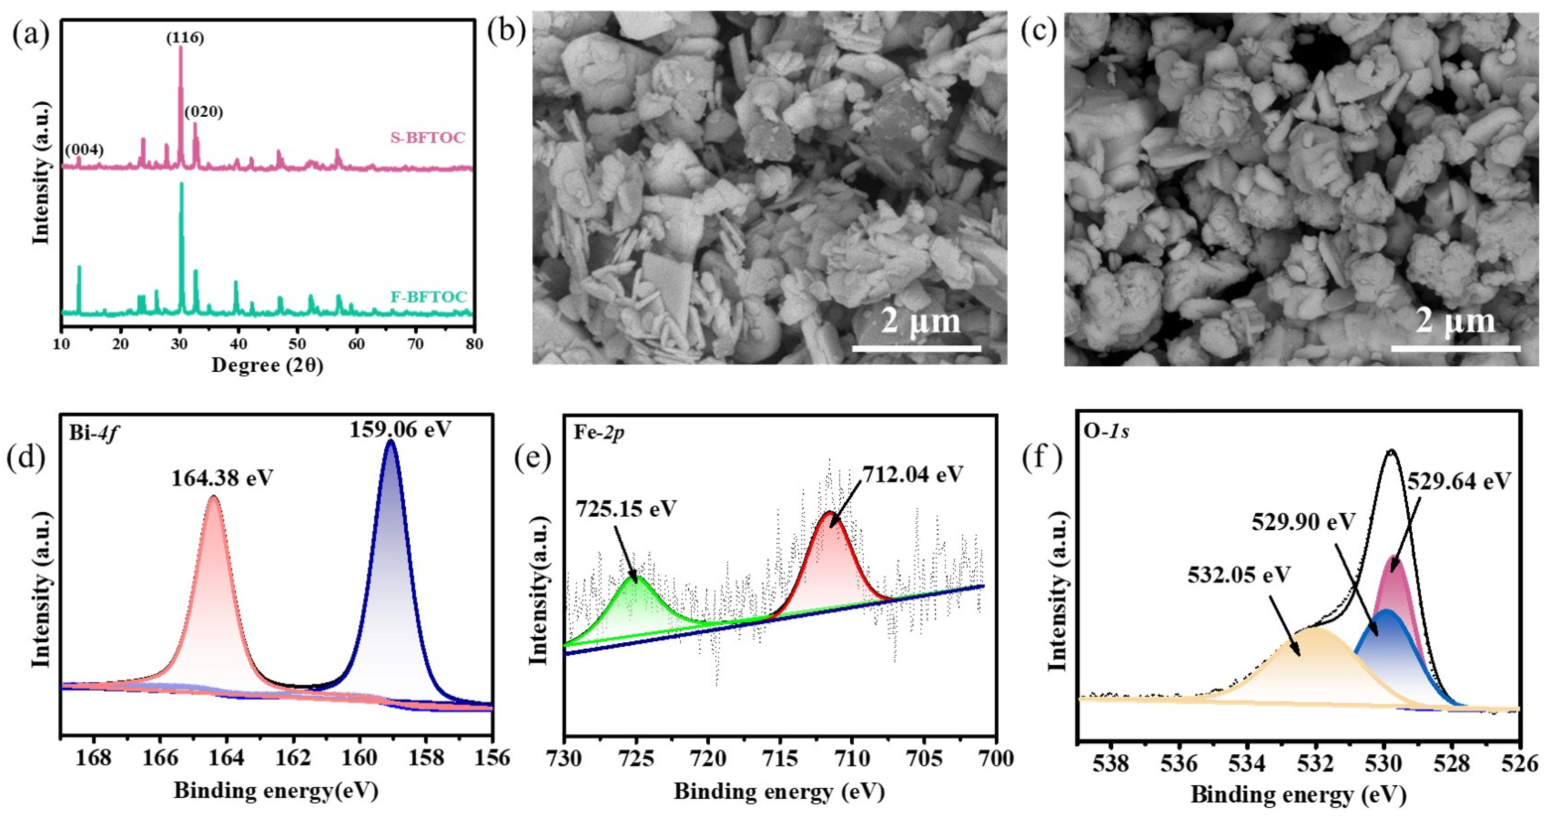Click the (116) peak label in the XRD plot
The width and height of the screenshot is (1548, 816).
pyautogui.click(x=185, y=38)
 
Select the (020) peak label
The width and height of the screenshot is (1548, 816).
pyautogui.click(x=204, y=112)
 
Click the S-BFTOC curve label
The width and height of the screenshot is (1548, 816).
pyautogui.click(x=428, y=138)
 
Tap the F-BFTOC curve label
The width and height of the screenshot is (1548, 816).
pyautogui.click(x=428, y=297)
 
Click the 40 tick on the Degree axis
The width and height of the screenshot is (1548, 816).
pyautogui.click(x=239, y=344)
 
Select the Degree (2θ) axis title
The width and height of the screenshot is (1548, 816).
pyautogui.click(x=267, y=365)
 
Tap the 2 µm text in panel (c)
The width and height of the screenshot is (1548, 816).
pyautogui.click(x=1455, y=322)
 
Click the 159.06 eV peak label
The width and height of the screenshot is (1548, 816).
pyautogui.click(x=400, y=429)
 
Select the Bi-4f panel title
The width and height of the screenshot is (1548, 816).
pyautogui.click(x=92, y=434)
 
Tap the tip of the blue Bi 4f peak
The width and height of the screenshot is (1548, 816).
pyautogui.click(x=391, y=441)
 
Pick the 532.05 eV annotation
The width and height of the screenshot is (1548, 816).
pyautogui.click(x=1239, y=575)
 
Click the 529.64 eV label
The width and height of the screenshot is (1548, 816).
pyautogui.click(x=1459, y=481)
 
